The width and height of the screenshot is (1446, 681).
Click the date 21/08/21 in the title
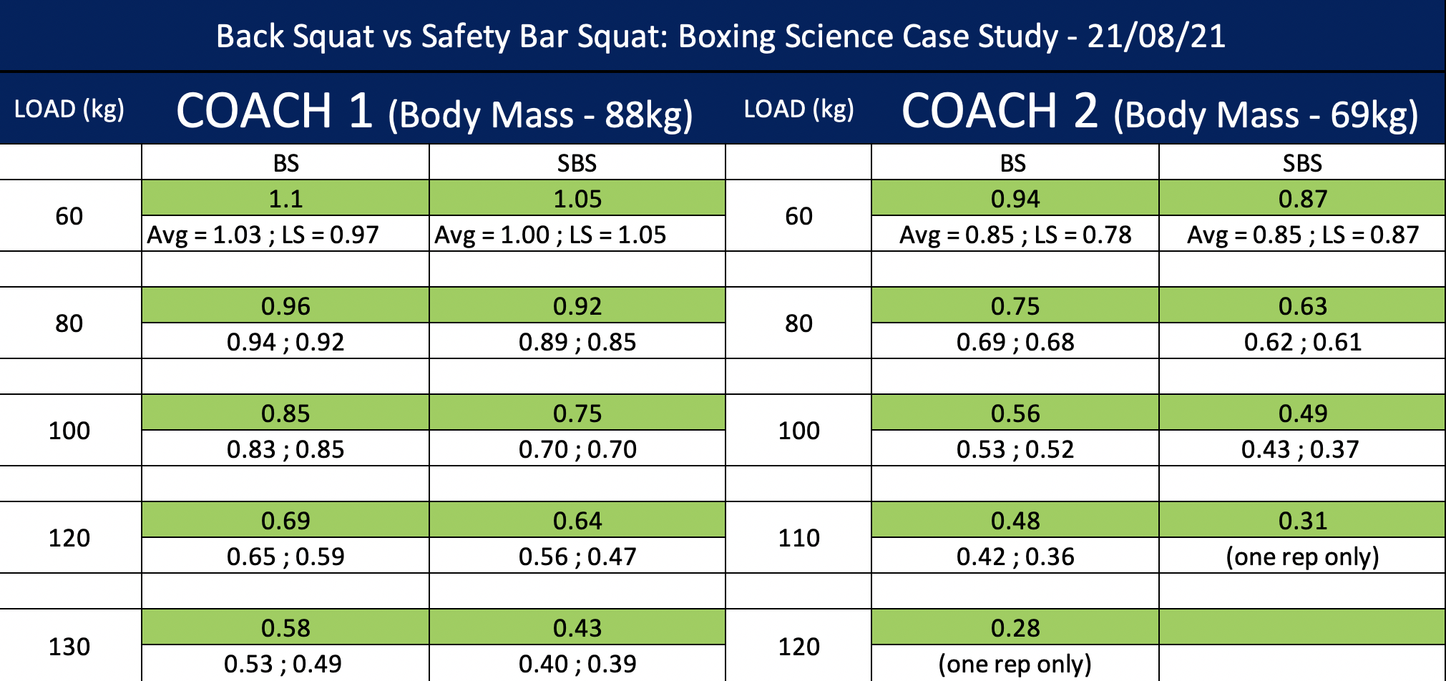click(x=1156, y=36)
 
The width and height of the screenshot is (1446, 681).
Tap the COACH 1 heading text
click(x=274, y=111)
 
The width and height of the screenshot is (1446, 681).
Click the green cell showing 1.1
click(x=285, y=198)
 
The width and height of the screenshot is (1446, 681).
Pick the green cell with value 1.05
click(x=577, y=198)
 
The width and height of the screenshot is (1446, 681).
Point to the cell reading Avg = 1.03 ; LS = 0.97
click(x=263, y=235)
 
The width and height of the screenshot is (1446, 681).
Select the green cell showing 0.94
click(x=1015, y=198)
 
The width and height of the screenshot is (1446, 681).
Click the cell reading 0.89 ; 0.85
click(x=577, y=342)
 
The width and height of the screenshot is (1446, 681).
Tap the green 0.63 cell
click(x=1302, y=305)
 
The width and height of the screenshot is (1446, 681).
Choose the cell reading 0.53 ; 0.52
click(x=1015, y=449)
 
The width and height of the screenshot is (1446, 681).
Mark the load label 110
click(x=798, y=538)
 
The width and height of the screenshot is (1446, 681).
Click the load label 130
click(x=69, y=647)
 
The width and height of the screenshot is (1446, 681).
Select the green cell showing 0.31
click(x=1302, y=520)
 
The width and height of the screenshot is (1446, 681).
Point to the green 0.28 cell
click(x=1015, y=627)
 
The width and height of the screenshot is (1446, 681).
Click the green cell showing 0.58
click(x=285, y=627)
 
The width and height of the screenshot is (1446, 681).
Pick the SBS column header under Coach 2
click(x=1302, y=163)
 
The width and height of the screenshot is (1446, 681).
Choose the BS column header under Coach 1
click(x=285, y=163)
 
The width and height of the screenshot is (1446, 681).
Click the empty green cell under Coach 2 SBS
click(x=1302, y=627)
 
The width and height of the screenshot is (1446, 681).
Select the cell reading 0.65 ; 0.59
click(x=285, y=557)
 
